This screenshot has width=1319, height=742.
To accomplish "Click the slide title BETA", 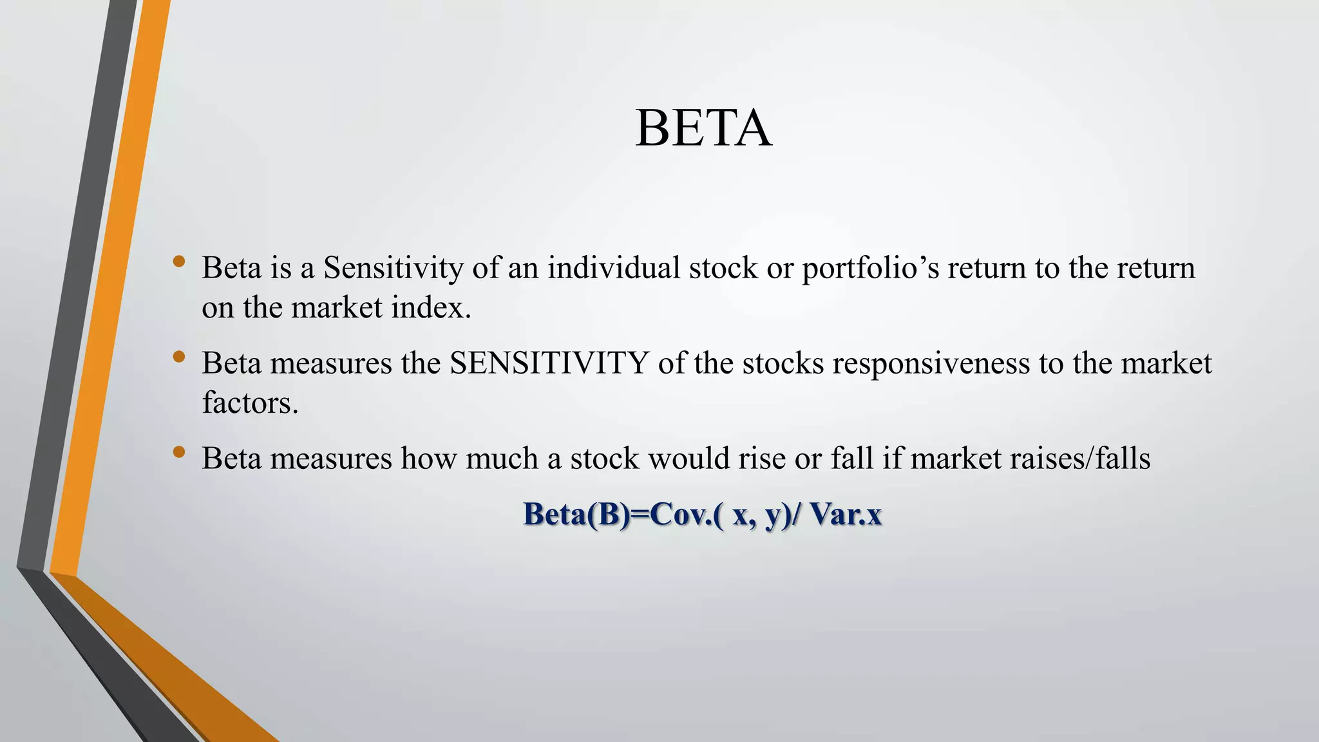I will tap(703, 128).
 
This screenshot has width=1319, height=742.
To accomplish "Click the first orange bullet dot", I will tap(179, 262).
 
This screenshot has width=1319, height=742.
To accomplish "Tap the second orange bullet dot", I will tap(179, 357).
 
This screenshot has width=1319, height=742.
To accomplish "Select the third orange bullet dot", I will tap(179, 452).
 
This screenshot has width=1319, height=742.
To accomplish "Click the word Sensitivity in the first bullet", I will tap(393, 268).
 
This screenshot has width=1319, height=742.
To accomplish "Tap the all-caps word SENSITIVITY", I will tap(549, 363).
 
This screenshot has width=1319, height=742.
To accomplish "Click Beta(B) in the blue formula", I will tap(577, 515).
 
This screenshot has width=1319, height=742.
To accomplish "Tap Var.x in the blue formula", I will tap(846, 515).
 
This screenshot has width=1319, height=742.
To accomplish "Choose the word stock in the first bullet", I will tap(723, 268).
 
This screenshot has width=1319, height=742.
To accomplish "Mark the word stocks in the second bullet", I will tap(783, 363).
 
